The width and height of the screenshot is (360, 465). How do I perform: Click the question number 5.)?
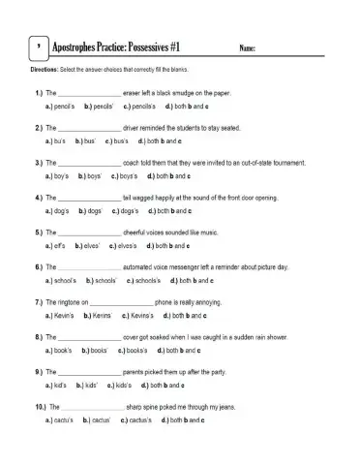point(39,233)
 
